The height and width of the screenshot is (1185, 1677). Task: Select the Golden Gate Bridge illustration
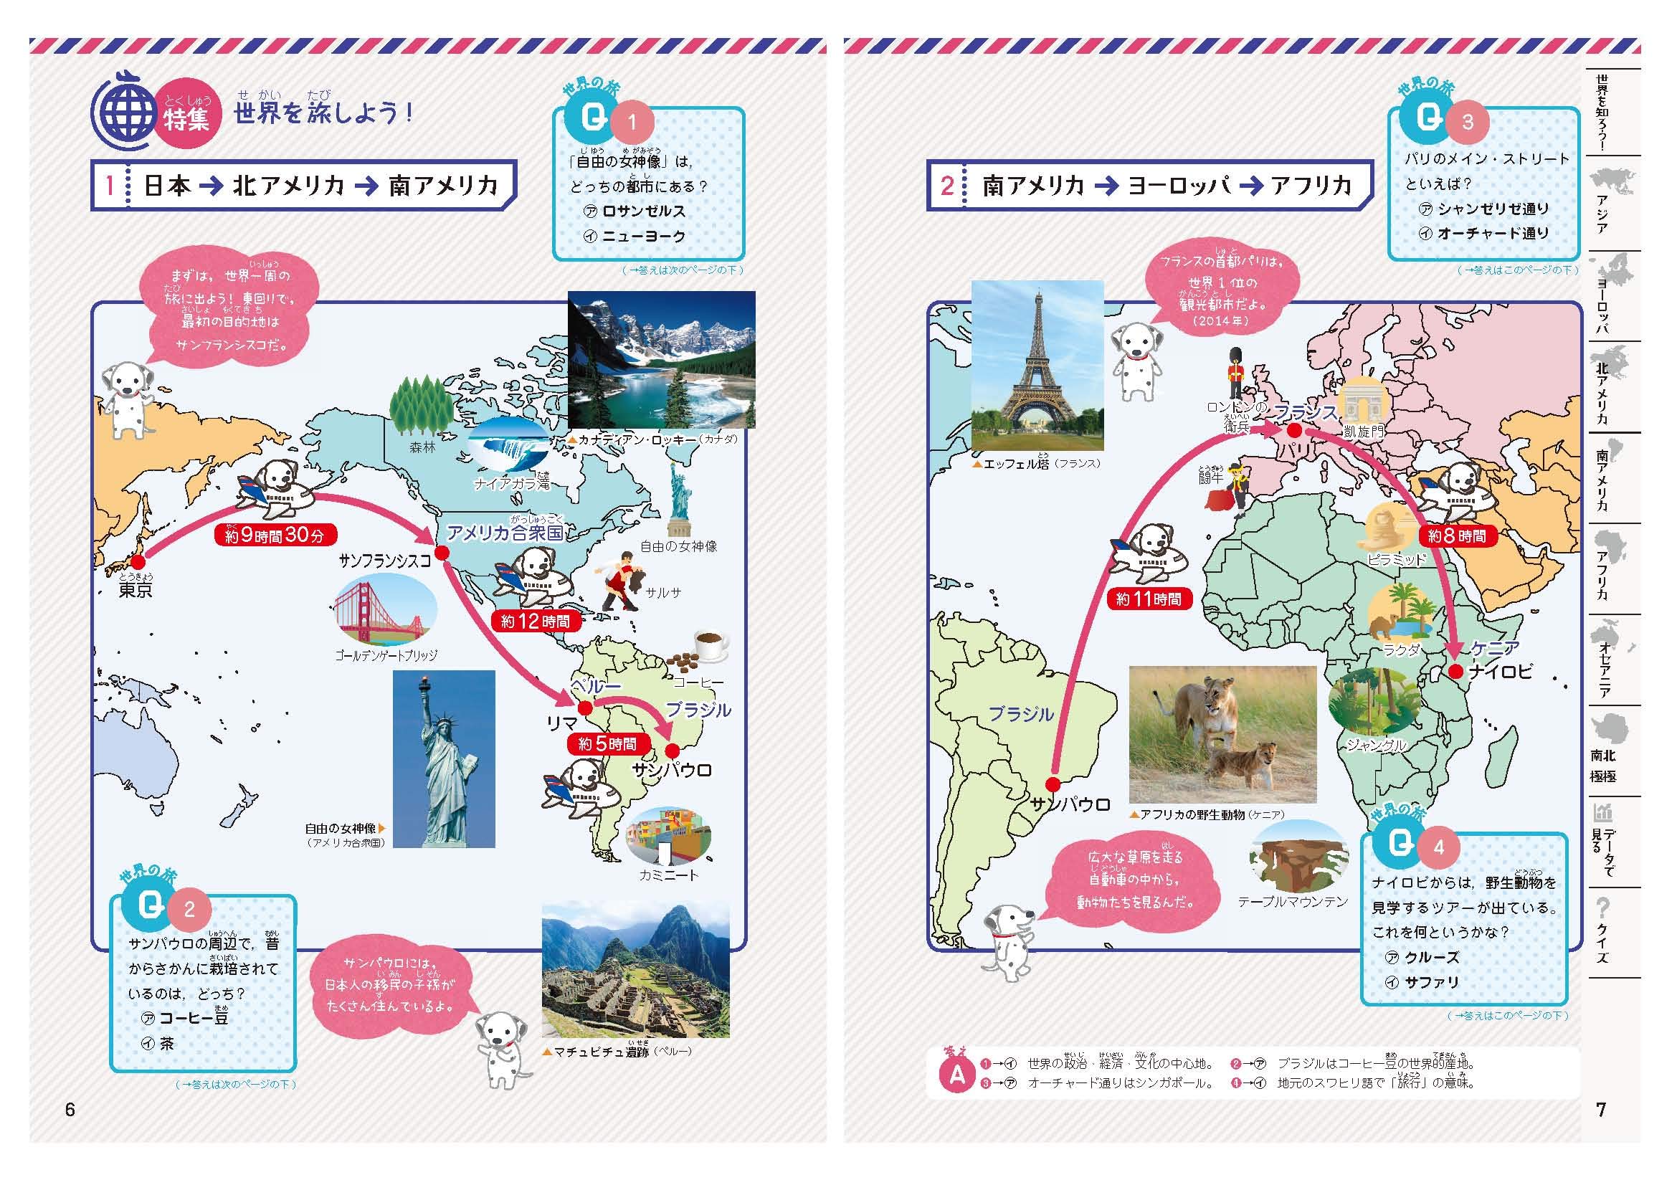pyautogui.click(x=385, y=611)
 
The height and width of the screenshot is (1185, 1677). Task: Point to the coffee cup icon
pyautogui.click(x=711, y=644)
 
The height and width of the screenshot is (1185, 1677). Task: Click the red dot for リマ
pyautogui.click(x=584, y=708)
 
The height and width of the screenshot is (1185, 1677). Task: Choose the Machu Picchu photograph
pyautogui.click(x=635, y=969)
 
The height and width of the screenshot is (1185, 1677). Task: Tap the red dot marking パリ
pyautogui.click(x=1294, y=431)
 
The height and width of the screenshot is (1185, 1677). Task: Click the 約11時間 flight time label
pyautogui.click(x=1148, y=599)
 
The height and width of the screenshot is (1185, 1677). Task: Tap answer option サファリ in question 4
pyautogui.click(x=1431, y=982)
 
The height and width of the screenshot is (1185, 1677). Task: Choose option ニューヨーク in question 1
pyautogui.click(x=643, y=236)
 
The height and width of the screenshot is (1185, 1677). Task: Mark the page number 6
pyautogui.click(x=70, y=1110)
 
